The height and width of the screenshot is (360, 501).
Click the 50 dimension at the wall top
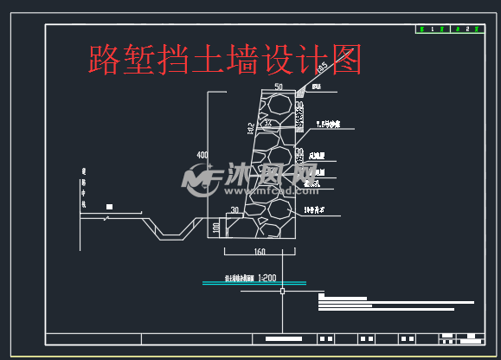coord(278,87)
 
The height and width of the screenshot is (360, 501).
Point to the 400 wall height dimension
coord(202,156)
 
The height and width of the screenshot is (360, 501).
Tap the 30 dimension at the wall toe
coord(234,210)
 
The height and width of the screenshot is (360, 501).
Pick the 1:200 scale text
coord(267,278)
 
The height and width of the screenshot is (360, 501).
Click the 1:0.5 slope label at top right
coord(322,67)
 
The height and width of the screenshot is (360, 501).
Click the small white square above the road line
coord(110,206)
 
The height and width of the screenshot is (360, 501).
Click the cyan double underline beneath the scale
coord(253,283)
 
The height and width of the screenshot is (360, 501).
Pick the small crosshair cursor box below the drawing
coord(282,291)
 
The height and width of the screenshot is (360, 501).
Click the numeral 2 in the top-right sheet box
coord(467,29)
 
